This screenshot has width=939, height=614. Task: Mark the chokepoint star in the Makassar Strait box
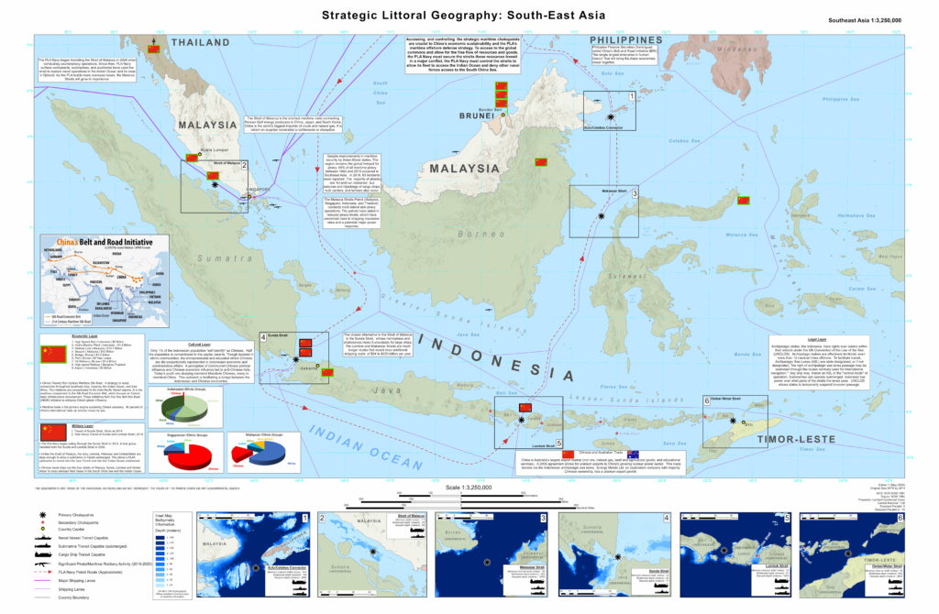[601, 215]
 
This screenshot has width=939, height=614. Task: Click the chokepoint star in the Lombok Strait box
[522, 419]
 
